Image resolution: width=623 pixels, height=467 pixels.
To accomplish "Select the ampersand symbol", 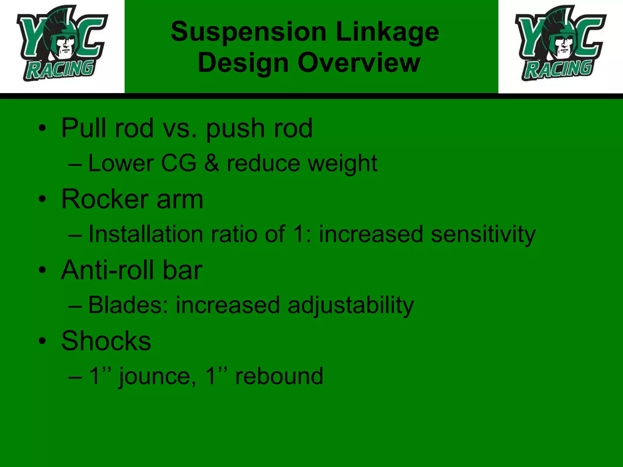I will [211, 163].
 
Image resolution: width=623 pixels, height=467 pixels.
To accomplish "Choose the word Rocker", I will [105, 199].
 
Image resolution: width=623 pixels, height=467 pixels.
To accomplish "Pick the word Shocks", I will [106, 341].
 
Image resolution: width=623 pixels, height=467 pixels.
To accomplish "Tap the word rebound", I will [279, 376].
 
